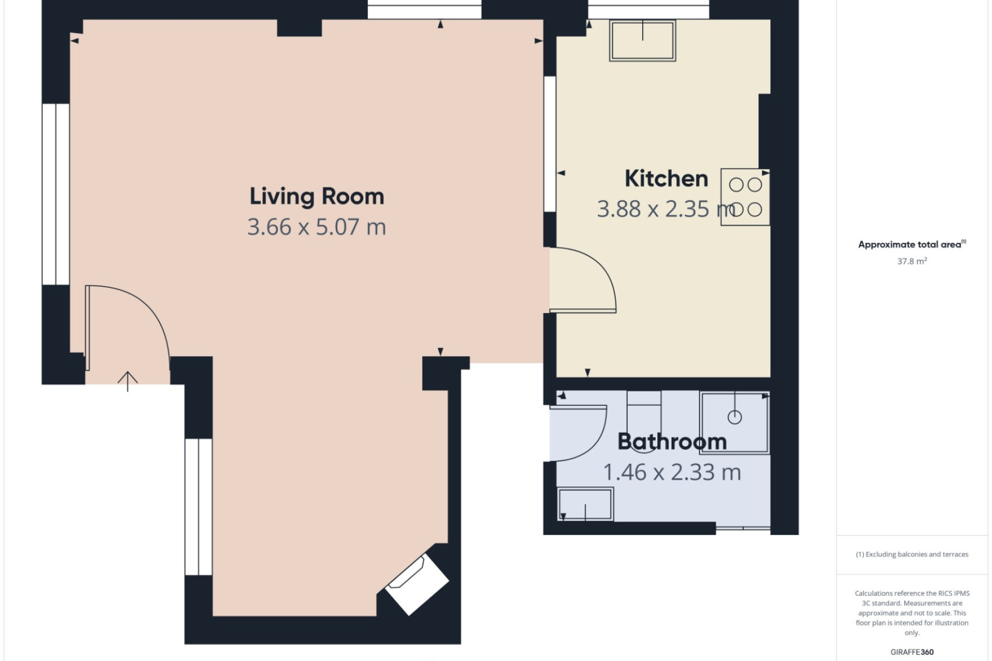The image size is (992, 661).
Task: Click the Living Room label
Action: point(317,196)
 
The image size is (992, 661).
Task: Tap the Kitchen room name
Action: point(666,179)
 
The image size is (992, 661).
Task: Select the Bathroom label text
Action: point(672,442)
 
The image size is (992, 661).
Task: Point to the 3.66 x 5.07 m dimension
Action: point(317,227)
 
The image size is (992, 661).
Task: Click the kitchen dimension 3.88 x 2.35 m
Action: point(667,209)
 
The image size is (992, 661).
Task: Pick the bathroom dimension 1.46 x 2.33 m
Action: point(672,472)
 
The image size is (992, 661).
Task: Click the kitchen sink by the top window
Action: point(643,41)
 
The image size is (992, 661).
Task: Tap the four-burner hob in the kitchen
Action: point(745,197)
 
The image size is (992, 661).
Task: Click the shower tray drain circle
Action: point(735,417)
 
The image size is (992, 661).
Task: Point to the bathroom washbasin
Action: point(585,504)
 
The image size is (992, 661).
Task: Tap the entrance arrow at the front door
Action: point(128,381)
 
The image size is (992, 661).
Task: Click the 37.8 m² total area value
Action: point(912,261)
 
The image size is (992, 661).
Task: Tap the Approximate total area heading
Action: point(912,244)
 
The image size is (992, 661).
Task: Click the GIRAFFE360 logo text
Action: point(912,652)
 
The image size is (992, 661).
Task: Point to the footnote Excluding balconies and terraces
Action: point(912,555)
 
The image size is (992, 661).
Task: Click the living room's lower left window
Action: point(198,507)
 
